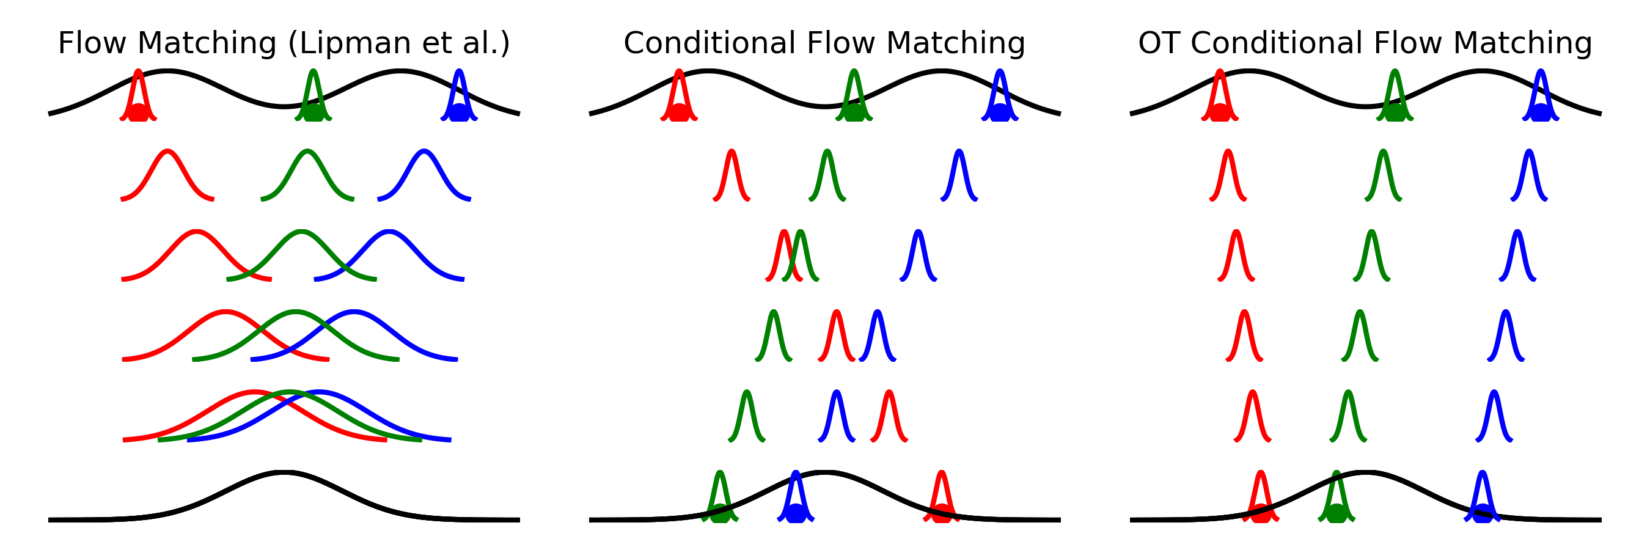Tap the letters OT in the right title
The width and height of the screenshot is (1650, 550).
1160,43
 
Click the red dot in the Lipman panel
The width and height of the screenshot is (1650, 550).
137,112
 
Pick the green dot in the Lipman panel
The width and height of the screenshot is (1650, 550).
313,112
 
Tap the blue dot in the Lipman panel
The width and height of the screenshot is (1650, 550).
458,112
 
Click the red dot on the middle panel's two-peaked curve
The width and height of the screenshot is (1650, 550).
679,112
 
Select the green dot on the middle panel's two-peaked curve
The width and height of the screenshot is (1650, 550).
854,112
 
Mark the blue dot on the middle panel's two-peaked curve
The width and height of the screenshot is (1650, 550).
1000,112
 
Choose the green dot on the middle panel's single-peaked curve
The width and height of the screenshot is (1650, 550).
720,513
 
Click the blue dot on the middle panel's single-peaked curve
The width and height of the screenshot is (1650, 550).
796,513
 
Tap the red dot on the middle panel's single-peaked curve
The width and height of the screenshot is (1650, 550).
941,513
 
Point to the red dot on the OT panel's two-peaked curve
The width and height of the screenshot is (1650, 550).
1220,112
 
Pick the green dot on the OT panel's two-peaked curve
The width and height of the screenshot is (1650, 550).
1395,112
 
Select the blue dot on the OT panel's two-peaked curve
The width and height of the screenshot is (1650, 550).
1541,112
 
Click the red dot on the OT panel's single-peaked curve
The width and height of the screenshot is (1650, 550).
1261,513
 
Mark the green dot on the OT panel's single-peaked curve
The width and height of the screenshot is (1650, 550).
1336,513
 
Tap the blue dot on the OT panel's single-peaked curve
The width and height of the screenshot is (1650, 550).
1482,513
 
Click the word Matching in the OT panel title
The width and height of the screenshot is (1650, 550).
1522,44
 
